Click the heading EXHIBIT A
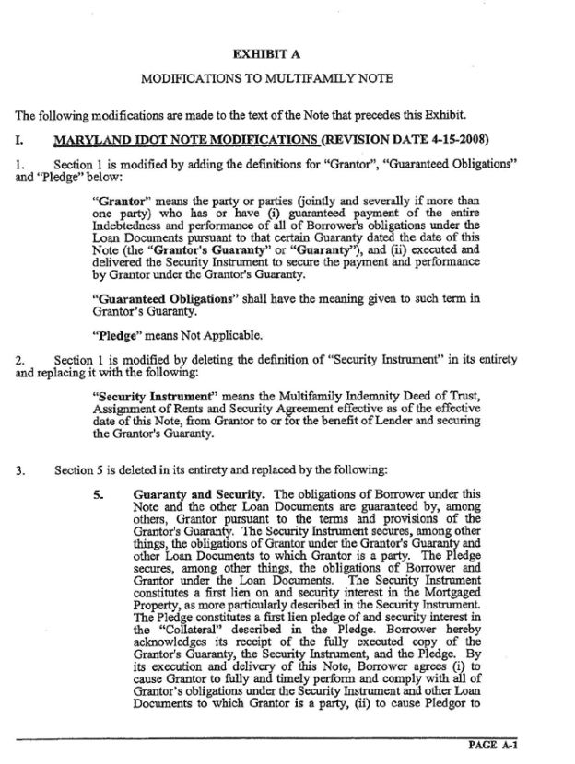point(287,54)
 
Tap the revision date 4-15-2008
point(454,140)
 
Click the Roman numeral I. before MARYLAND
point(20,140)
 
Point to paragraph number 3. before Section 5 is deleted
point(19,472)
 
